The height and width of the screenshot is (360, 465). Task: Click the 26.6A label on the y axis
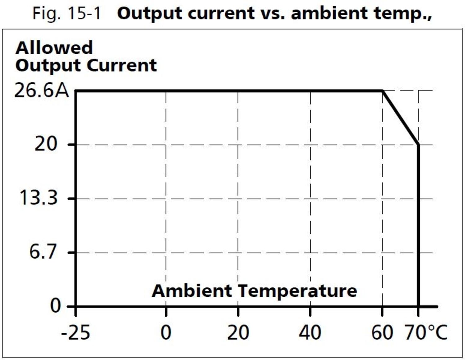(x=42, y=91)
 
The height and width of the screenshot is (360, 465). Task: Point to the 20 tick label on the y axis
(x=46, y=144)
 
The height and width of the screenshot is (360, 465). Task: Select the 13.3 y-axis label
(x=38, y=198)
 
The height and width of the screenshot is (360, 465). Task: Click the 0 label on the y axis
(x=55, y=305)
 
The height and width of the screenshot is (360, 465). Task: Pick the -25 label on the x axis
(x=76, y=332)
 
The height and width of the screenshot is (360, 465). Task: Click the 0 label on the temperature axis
(x=166, y=332)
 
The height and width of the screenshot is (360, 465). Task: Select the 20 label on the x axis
(x=238, y=332)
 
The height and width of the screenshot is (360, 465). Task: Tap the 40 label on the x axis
(x=310, y=332)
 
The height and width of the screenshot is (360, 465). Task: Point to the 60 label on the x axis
(x=382, y=332)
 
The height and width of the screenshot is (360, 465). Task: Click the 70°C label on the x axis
(x=426, y=332)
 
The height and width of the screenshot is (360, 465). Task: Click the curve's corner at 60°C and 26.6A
(x=383, y=91)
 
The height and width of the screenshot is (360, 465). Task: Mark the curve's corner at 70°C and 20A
(x=418, y=144)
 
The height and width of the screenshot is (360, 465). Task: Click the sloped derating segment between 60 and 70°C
(x=401, y=118)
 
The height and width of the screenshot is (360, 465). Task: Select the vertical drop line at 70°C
(x=419, y=226)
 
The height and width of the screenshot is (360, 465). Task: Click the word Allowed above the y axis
(x=54, y=48)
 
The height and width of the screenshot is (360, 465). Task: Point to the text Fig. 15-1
(x=67, y=13)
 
